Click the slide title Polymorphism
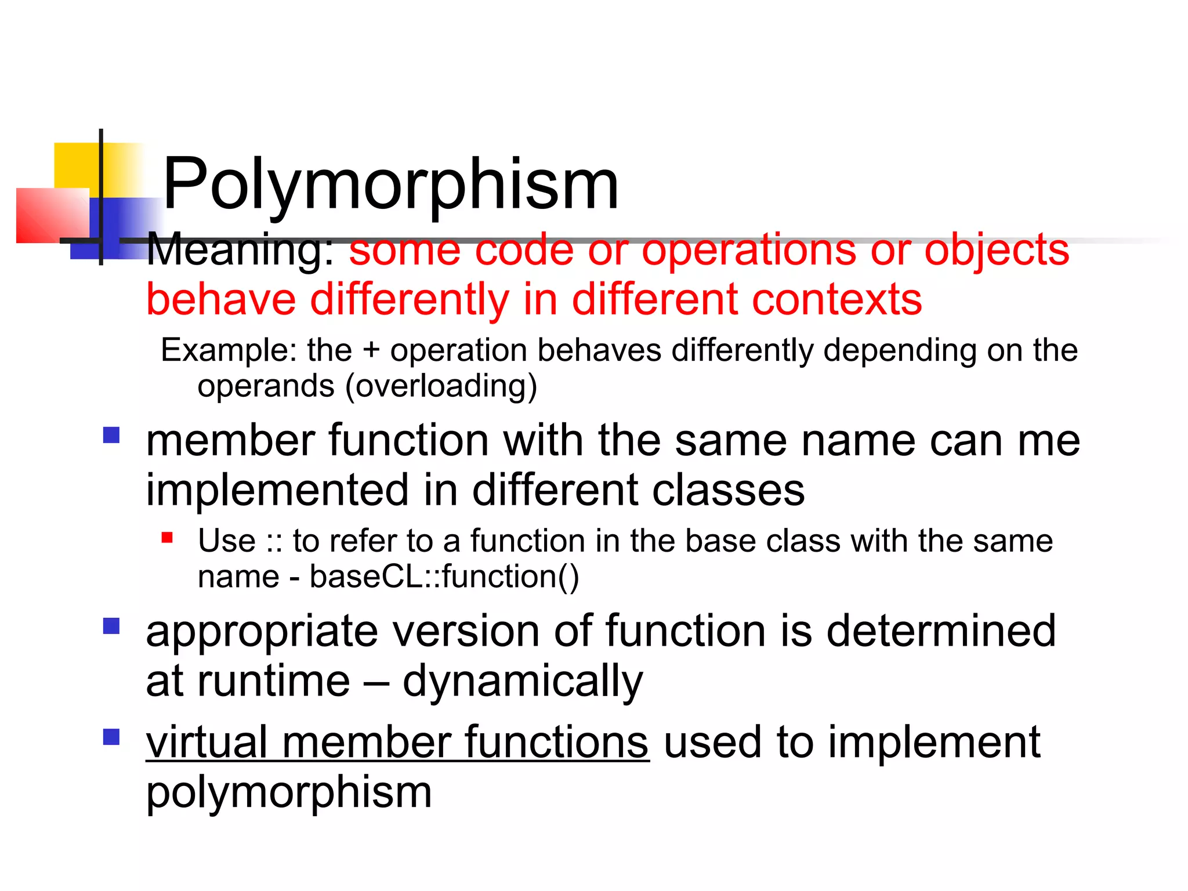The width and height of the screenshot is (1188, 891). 390,184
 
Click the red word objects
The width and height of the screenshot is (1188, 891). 996,251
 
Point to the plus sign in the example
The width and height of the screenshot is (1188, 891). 371,351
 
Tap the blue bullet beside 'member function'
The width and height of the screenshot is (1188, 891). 111,435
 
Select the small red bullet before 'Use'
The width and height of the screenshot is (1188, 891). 168,538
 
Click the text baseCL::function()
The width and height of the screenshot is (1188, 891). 444,577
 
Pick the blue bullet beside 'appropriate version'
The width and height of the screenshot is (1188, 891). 111,626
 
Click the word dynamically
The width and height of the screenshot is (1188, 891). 522,682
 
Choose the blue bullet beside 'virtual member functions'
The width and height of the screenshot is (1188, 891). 111,737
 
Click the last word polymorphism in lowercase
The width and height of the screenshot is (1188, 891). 289,792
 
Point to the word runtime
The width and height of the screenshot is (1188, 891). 274,681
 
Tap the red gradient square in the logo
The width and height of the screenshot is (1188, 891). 52,215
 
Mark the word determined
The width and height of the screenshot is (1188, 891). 940,631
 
